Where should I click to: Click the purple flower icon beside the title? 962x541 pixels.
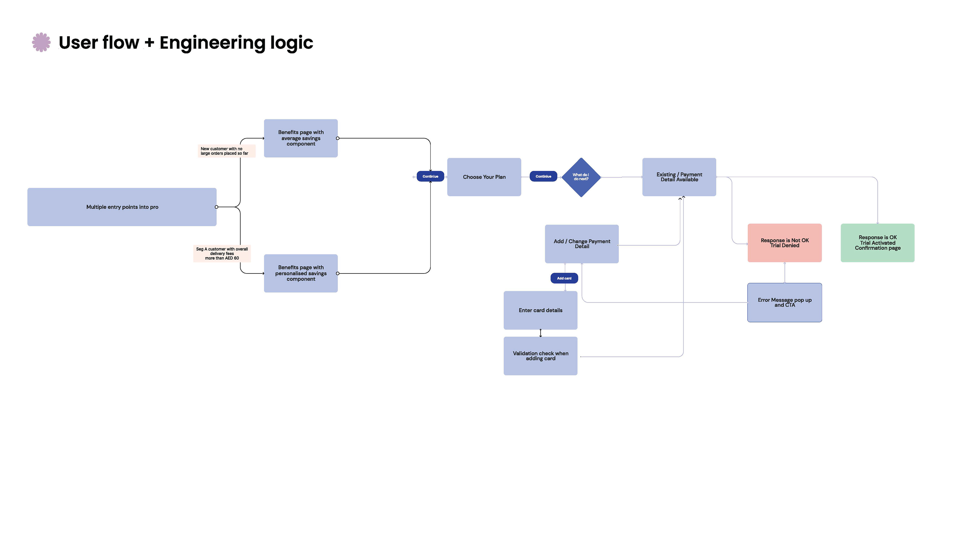(x=41, y=42)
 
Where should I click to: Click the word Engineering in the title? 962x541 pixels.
(x=212, y=43)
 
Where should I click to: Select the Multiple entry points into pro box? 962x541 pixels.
(x=122, y=207)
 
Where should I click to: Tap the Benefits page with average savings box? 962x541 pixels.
(x=301, y=138)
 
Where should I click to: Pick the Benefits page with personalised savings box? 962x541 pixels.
(x=301, y=273)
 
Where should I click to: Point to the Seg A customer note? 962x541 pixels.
(x=222, y=253)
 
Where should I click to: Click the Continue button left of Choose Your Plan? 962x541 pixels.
(x=430, y=176)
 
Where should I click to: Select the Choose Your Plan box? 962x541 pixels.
(x=484, y=177)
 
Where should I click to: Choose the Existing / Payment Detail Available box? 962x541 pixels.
(x=679, y=177)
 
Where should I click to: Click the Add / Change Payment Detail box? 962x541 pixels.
(x=581, y=244)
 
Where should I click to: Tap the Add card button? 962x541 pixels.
(x=564, y=278)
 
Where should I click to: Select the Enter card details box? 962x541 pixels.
(x=540, y=310)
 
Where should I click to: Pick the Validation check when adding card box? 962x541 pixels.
(x=540, y=356)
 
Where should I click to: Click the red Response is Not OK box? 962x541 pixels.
(x=784, y=243)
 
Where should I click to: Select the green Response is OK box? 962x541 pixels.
(x=877, y=243)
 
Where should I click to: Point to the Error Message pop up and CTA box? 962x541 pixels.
(x=784, y=302)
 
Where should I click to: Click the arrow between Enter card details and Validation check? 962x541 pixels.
(x=540, y=333)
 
